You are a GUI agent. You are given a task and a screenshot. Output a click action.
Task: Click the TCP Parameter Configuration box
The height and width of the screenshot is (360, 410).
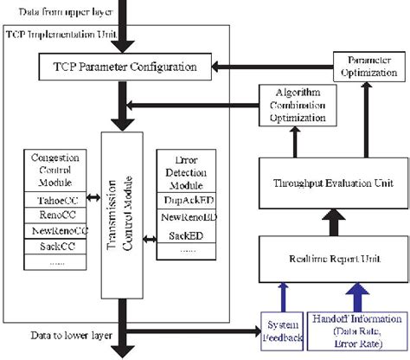[126, 67]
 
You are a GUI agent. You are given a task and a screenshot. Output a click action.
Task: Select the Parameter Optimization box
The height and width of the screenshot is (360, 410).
[368, 67]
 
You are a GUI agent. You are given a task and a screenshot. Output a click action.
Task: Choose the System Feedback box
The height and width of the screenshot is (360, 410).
[280, 331]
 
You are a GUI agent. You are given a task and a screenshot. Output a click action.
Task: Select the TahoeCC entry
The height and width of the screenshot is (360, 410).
[54, 202]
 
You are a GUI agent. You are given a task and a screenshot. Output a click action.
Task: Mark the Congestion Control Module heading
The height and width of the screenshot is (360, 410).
[54, 171]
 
